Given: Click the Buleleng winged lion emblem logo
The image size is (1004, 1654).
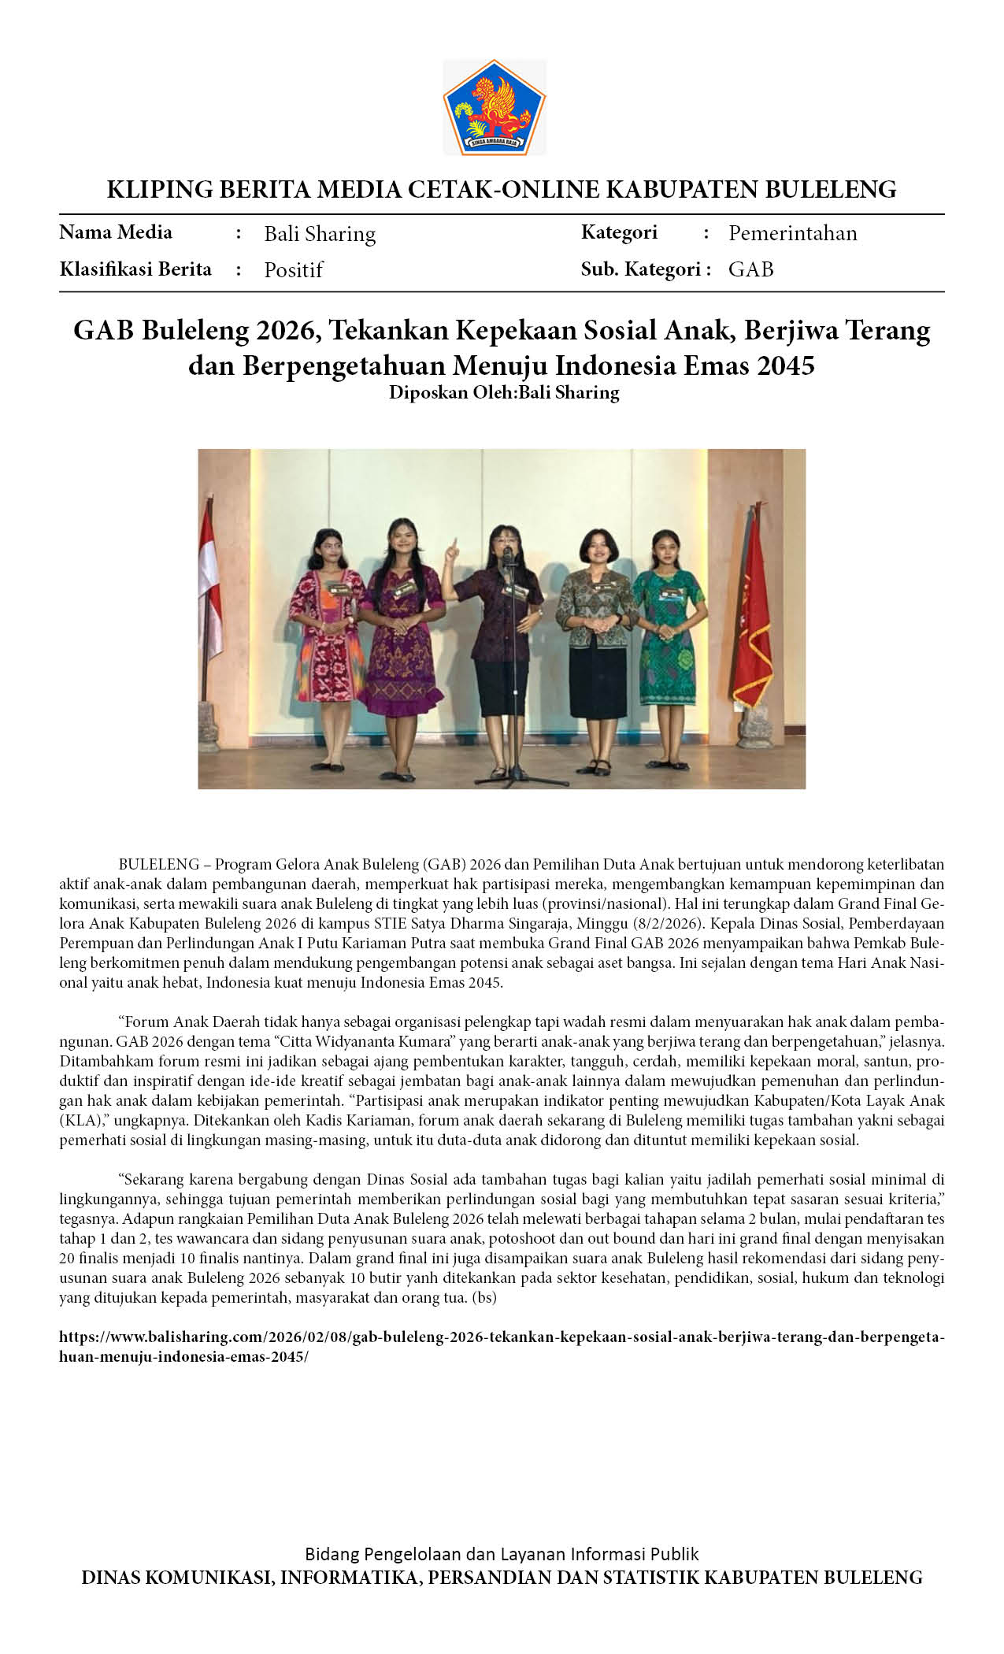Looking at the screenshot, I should (495, 107).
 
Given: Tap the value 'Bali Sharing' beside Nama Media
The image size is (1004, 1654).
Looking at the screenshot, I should (319, 234).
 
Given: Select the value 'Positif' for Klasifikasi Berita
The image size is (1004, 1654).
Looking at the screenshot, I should (293, 270).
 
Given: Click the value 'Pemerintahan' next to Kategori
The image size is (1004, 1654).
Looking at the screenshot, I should (792, 233).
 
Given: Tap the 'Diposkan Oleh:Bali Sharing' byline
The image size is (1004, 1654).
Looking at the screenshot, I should (503, 392).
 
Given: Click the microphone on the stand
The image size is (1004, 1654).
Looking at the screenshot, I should (508, 558).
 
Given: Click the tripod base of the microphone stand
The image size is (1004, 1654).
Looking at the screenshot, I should (520, 776).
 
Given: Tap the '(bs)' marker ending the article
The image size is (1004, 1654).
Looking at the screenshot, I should (483, 1297).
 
